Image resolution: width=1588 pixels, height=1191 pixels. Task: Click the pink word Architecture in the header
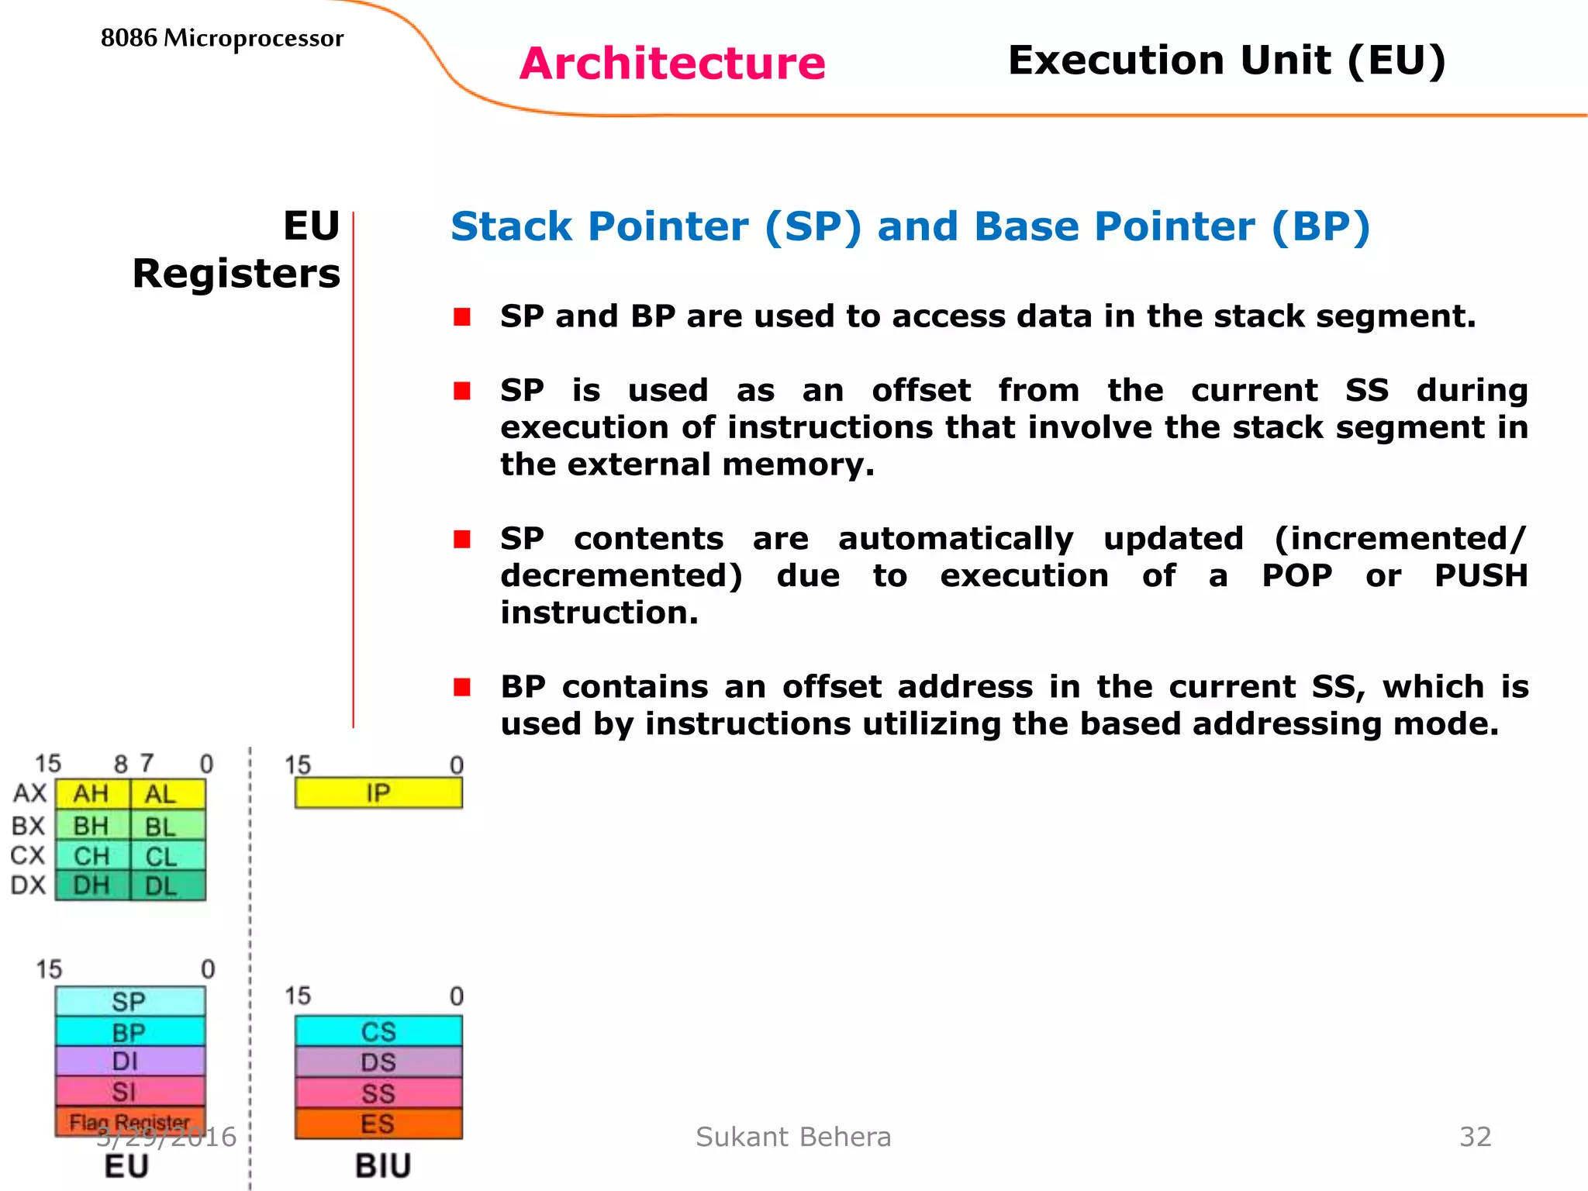(x=672, y=64)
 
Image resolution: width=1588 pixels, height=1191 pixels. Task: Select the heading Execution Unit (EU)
(x=1227, y=60)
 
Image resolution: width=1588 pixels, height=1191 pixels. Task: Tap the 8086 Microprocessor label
(x=222, y=38)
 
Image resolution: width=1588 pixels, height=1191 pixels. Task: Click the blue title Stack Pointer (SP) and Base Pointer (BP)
(x=910, y=227)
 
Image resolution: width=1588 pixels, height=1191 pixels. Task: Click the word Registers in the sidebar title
(x=236, y=274)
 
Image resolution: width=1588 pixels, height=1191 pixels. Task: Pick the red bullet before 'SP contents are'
(x=462, y=539)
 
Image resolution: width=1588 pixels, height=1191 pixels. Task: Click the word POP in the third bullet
(x=1296, y=576)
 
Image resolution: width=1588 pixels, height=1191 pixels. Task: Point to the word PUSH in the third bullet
(x=1480, y=576)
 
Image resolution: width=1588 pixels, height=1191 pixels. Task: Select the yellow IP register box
(x=378, y=793)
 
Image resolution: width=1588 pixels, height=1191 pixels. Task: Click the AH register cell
(x=91, y=794)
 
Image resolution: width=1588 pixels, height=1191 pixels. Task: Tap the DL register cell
(x=161, y=885)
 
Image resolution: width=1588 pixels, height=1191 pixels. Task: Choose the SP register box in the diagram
(x=129, y=1001)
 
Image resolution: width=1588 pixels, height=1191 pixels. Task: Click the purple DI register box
(x=129, y=1061)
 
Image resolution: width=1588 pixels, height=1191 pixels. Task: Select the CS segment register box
(x=378, y=1031)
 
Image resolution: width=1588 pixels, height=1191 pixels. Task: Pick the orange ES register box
(x=378, y=1124)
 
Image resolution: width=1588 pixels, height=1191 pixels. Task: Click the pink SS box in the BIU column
(x=378, y=1093)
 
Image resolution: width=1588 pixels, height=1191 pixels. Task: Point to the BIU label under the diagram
(x=382, y=1166)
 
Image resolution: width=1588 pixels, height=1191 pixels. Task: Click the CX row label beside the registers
(x=28, y=855)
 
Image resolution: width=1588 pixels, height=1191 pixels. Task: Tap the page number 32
(x=1475, y=1137)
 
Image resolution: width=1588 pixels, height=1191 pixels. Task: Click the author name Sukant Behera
(x=793, y=1137)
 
